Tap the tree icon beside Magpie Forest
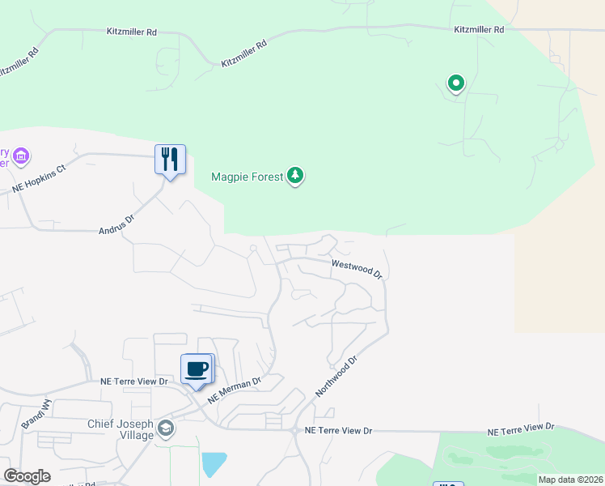(296, 176)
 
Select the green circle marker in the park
(456, 83)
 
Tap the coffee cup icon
(197, 369)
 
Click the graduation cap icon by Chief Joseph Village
(166, 428)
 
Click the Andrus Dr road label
(116, 219)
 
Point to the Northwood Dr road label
(336, 375)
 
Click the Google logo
(27, 476)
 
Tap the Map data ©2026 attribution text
(570, 480)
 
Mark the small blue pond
(214, 464)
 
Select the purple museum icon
(22, 155)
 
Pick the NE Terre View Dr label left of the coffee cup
(133, 381)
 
